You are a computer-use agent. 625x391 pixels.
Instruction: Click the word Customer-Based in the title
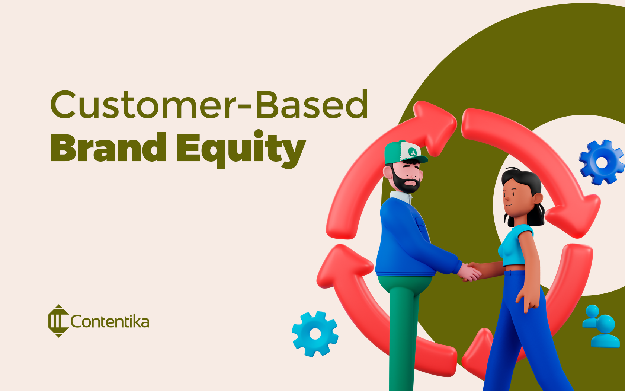point(209,105)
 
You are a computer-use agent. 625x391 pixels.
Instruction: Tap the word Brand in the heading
point(108,148)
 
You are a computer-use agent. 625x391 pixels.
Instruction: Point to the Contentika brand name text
point(110,322)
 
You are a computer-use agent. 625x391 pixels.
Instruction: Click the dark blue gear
point(601,162)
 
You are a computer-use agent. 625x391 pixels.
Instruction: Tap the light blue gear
point(315,334)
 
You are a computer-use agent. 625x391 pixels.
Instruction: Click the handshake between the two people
point(469,271)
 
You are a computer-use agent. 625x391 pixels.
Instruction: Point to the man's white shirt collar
point(400,197)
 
